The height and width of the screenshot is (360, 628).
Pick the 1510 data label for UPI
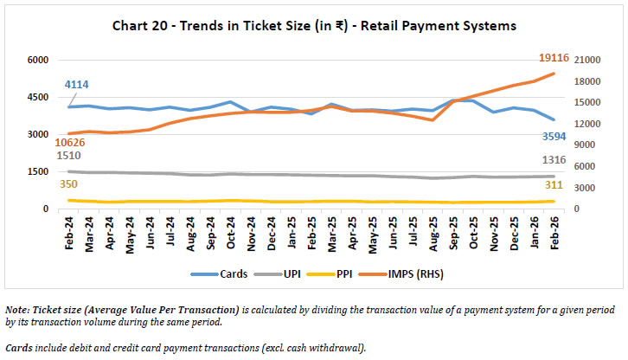click(x=69, y=156)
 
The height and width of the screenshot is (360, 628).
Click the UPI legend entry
click(x=292, y=273)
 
